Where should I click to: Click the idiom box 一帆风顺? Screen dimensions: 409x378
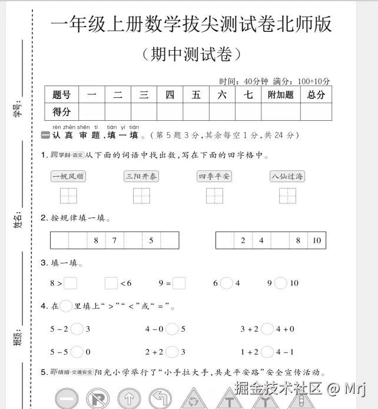point(68,176)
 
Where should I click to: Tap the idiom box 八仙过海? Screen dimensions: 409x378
point(288,176)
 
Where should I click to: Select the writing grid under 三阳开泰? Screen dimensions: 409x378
point(141,196)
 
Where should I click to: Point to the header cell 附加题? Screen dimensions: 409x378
point(280,94)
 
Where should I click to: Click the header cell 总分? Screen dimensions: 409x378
point(316,94)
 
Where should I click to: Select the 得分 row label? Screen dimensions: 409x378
point(62,111)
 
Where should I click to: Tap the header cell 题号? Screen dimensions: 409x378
point(62,94)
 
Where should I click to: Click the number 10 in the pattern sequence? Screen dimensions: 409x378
point(317,240)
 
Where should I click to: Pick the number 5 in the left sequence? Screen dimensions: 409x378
point(151,240)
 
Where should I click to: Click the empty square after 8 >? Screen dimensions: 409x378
point(71,283)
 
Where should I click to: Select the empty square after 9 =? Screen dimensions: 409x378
point(180,283)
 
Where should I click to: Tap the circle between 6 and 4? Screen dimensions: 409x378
point(227,283)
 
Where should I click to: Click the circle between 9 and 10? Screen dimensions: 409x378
point(281,283)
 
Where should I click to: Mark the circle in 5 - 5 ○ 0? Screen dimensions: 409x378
point(77,352)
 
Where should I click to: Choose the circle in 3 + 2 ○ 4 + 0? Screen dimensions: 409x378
point(267,329)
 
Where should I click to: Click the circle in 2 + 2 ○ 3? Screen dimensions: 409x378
point(172,352)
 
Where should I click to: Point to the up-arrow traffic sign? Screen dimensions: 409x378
point(129,399)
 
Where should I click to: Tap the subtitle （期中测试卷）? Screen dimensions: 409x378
point(192,55)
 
